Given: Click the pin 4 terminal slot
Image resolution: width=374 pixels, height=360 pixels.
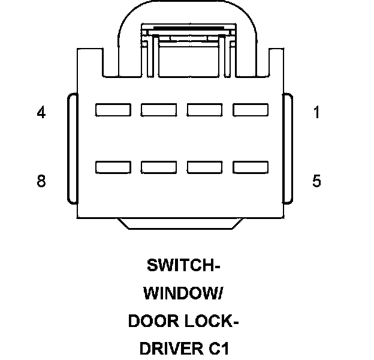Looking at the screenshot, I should (113, 110).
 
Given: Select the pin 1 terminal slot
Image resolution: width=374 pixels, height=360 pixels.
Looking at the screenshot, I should (251, 110).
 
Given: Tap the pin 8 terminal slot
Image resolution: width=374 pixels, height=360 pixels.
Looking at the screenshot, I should (113, 167).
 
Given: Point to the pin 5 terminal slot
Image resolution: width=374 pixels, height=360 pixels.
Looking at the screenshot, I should (251, 167).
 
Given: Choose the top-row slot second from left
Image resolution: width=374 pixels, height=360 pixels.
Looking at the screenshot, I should (159, 110).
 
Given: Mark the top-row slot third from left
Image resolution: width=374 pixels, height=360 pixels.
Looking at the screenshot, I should (205, 110).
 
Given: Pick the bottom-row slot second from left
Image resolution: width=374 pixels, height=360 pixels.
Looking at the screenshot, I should (159, 167).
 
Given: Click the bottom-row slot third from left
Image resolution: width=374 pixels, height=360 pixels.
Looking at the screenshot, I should (205, 167).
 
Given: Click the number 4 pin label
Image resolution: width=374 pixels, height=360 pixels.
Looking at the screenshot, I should (41, 112).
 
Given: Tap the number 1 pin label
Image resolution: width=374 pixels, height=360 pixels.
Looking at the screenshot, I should (317, 112).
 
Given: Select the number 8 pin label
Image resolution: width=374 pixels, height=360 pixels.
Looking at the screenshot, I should (41, 181).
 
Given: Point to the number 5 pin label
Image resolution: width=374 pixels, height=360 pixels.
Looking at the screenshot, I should (317, 181).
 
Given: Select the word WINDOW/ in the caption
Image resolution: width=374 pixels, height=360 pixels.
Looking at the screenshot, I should (183, 293).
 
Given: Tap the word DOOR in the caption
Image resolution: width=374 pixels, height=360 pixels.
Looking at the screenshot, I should (152, 322).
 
